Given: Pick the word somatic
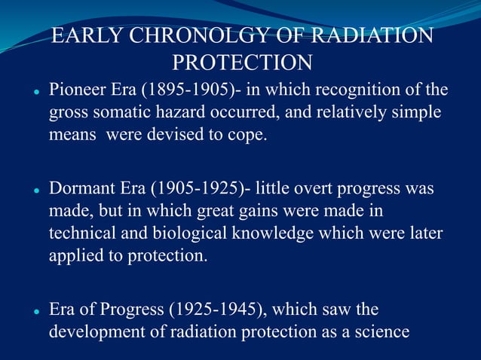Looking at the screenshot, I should click(127, 114).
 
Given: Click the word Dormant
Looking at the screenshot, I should click(79, 188).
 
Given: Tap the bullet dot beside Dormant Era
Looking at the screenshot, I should click(35, 190).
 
